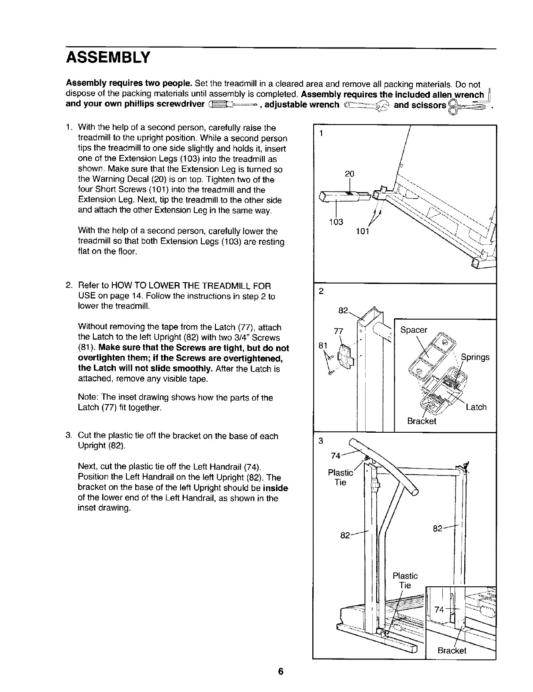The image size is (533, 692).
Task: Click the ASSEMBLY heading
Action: pos(108,57)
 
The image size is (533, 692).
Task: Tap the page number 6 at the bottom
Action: pos(280,672)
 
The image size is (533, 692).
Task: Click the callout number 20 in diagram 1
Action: pos(349,174)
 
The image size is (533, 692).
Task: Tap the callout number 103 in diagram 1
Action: pos(336,222)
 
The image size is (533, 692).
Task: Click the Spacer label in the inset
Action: pos(414,330)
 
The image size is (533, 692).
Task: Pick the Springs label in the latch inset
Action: pos(475,357)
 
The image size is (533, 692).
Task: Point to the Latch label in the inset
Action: pos(476,407)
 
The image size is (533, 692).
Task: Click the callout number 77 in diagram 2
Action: pos(339,331)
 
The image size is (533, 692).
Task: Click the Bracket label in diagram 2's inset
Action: pos(422,421)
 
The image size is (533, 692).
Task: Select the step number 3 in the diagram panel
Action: pos(321,440)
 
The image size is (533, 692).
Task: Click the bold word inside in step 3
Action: pos(275,488)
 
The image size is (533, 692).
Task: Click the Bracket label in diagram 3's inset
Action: pos(452,651)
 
